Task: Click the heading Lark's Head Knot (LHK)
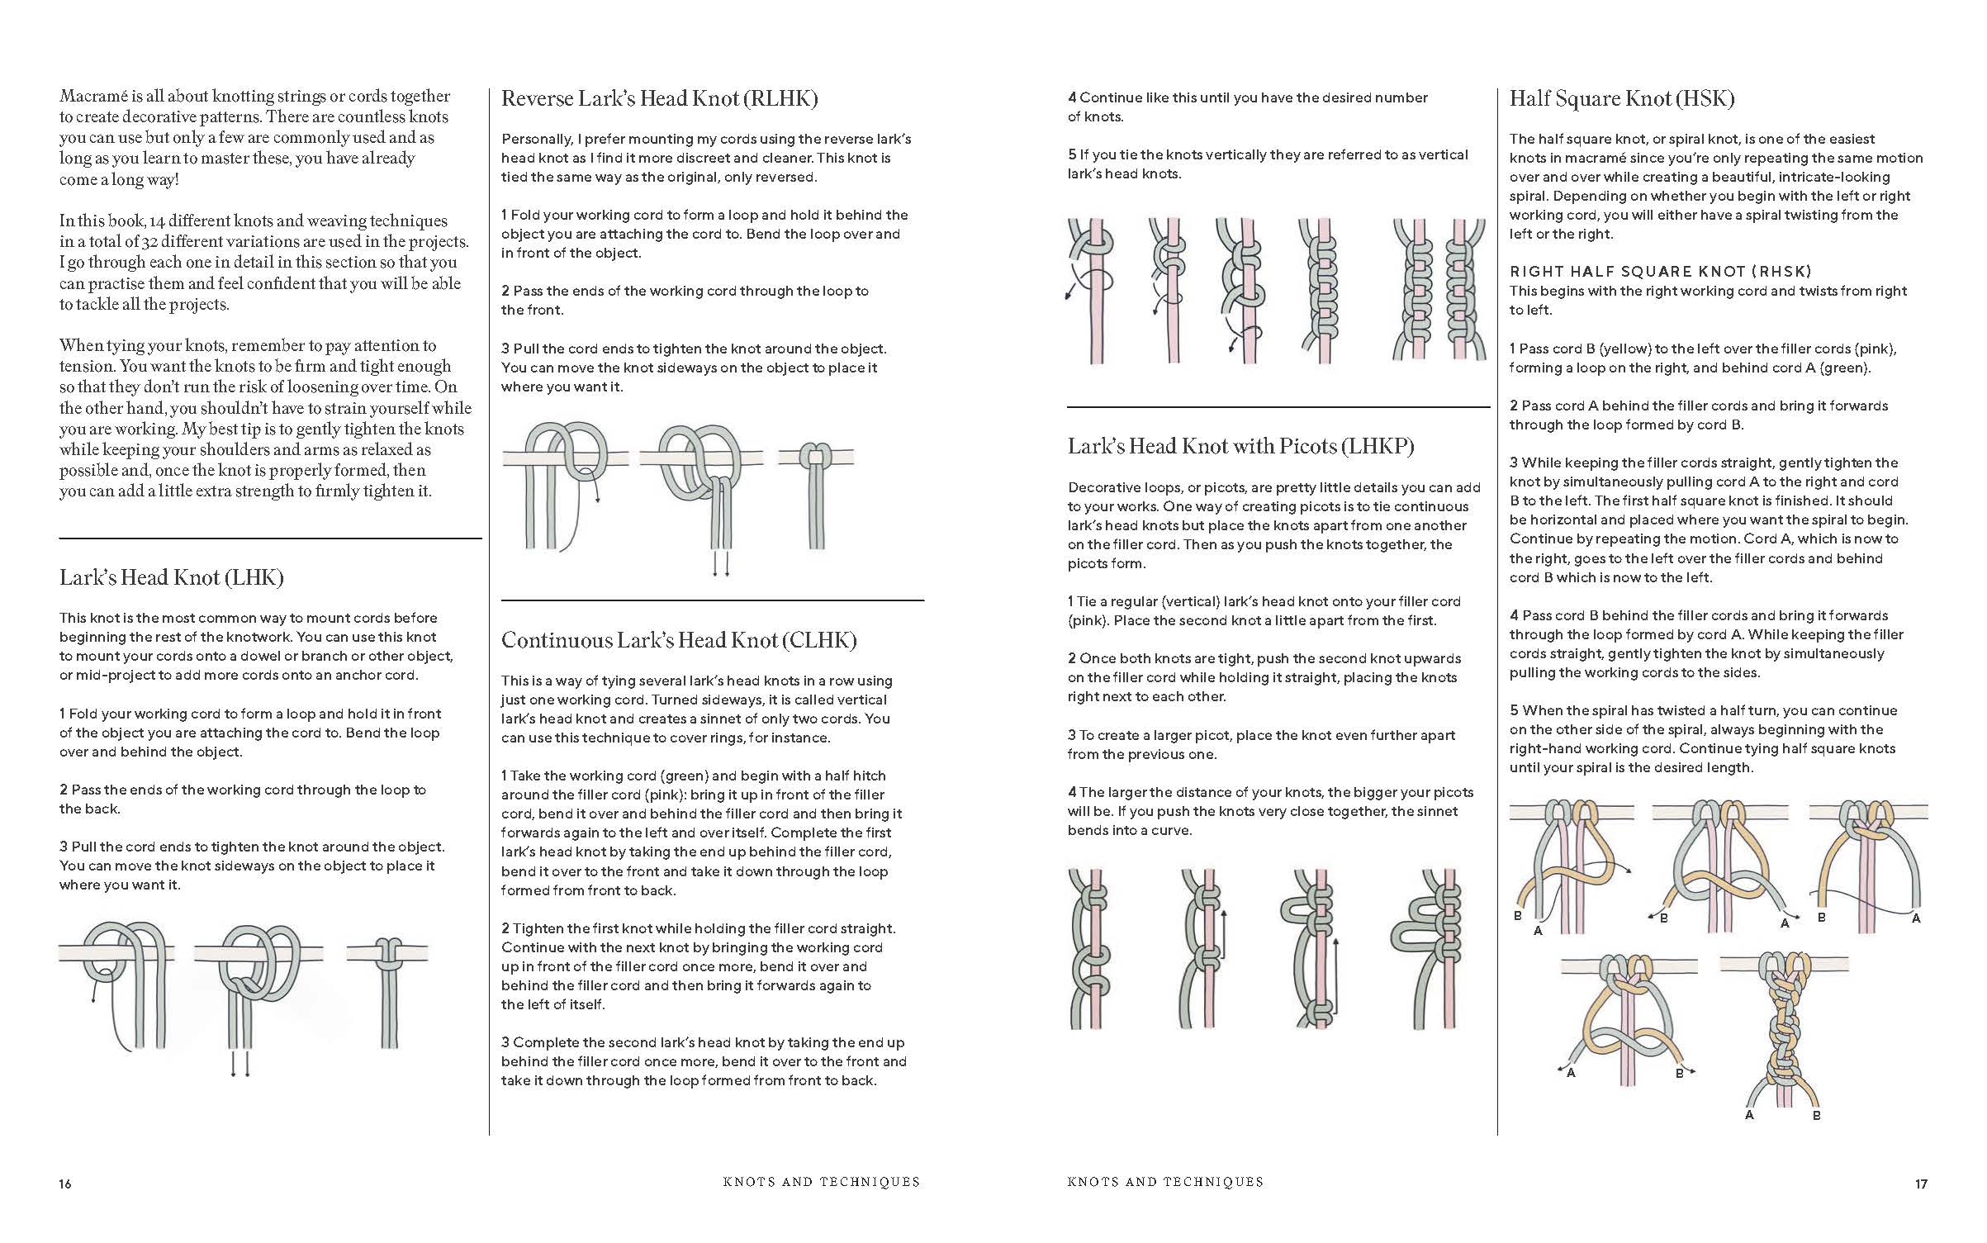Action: [171, 577]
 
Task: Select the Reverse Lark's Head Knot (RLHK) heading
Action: [659, 99]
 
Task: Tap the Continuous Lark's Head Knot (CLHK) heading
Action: [679, 640]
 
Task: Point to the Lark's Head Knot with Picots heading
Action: [1240, 446]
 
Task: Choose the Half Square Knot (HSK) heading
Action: [1621, 99]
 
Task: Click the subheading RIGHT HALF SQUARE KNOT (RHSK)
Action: [1660, 271]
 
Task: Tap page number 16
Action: [65, 1184]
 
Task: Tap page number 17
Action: [1921, 1184]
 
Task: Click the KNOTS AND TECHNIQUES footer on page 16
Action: [821, 1182]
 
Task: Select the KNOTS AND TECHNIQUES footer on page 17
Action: [1164, 1182]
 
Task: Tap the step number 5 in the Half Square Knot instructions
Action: [1514, 711]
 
